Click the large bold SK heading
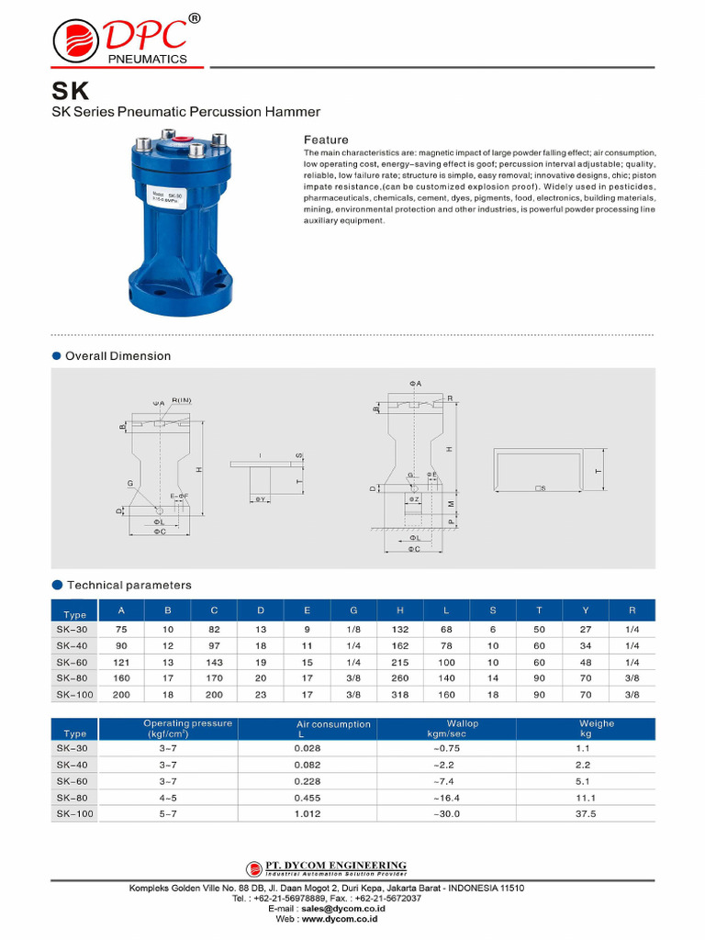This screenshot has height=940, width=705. pyautogui.click(x=70, y=93)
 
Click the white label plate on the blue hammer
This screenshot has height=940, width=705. pyautogui.click(x=171, y=200)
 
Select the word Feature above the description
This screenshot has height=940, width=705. pyautogui.click(x=326, y=140)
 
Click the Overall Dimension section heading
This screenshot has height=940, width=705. pyautogui.click(x=117, y=355)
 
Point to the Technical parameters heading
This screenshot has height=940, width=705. pyautogui.click(x=129, y=585)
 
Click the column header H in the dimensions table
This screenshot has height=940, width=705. pyautogui.click(x=400, y=610)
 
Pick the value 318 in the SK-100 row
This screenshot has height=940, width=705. pyautogui.click(x=400, y=695)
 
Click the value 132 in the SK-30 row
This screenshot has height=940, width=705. pyautogui.click(x=400, y=629)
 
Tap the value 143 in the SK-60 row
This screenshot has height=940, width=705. pyautogui.click(x=214, y=662)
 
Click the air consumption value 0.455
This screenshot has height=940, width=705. pyautogui.click(x=308, y=797)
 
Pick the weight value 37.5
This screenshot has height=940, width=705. pyautogui.click(x=585, y=813)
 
